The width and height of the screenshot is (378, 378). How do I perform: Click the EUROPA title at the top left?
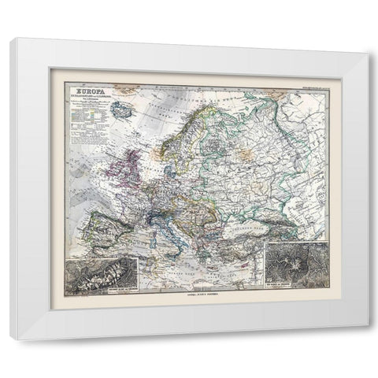(89, 92)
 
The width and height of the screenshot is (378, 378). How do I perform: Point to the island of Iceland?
(123, 112)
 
